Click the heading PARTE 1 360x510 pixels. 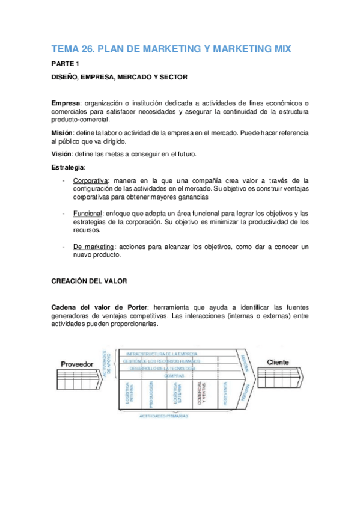click(65, 64)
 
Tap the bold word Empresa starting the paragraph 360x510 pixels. click(66, 103)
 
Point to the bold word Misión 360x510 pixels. click(64, 132)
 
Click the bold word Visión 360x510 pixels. click(63, 153)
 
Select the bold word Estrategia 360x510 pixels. click(68, 167)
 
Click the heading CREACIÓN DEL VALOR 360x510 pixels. click(89, 280)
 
